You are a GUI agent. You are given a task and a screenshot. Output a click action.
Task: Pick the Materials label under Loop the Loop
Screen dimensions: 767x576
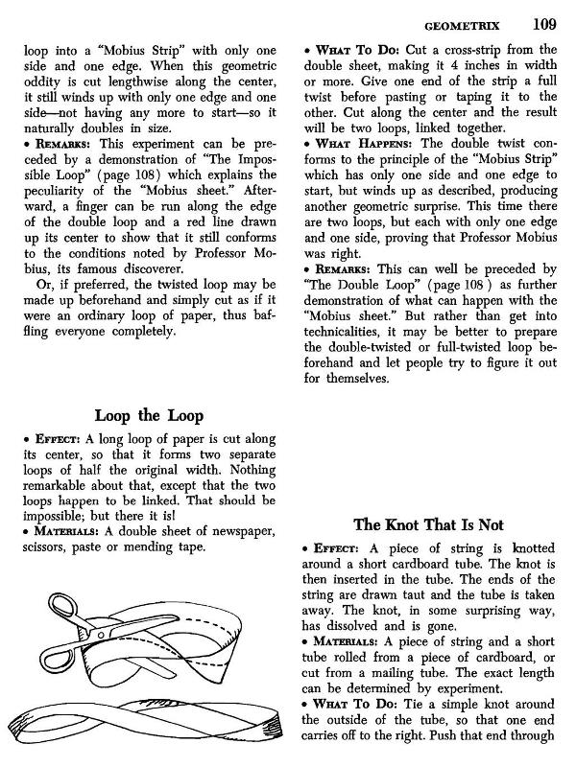(x=60, y=531)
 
